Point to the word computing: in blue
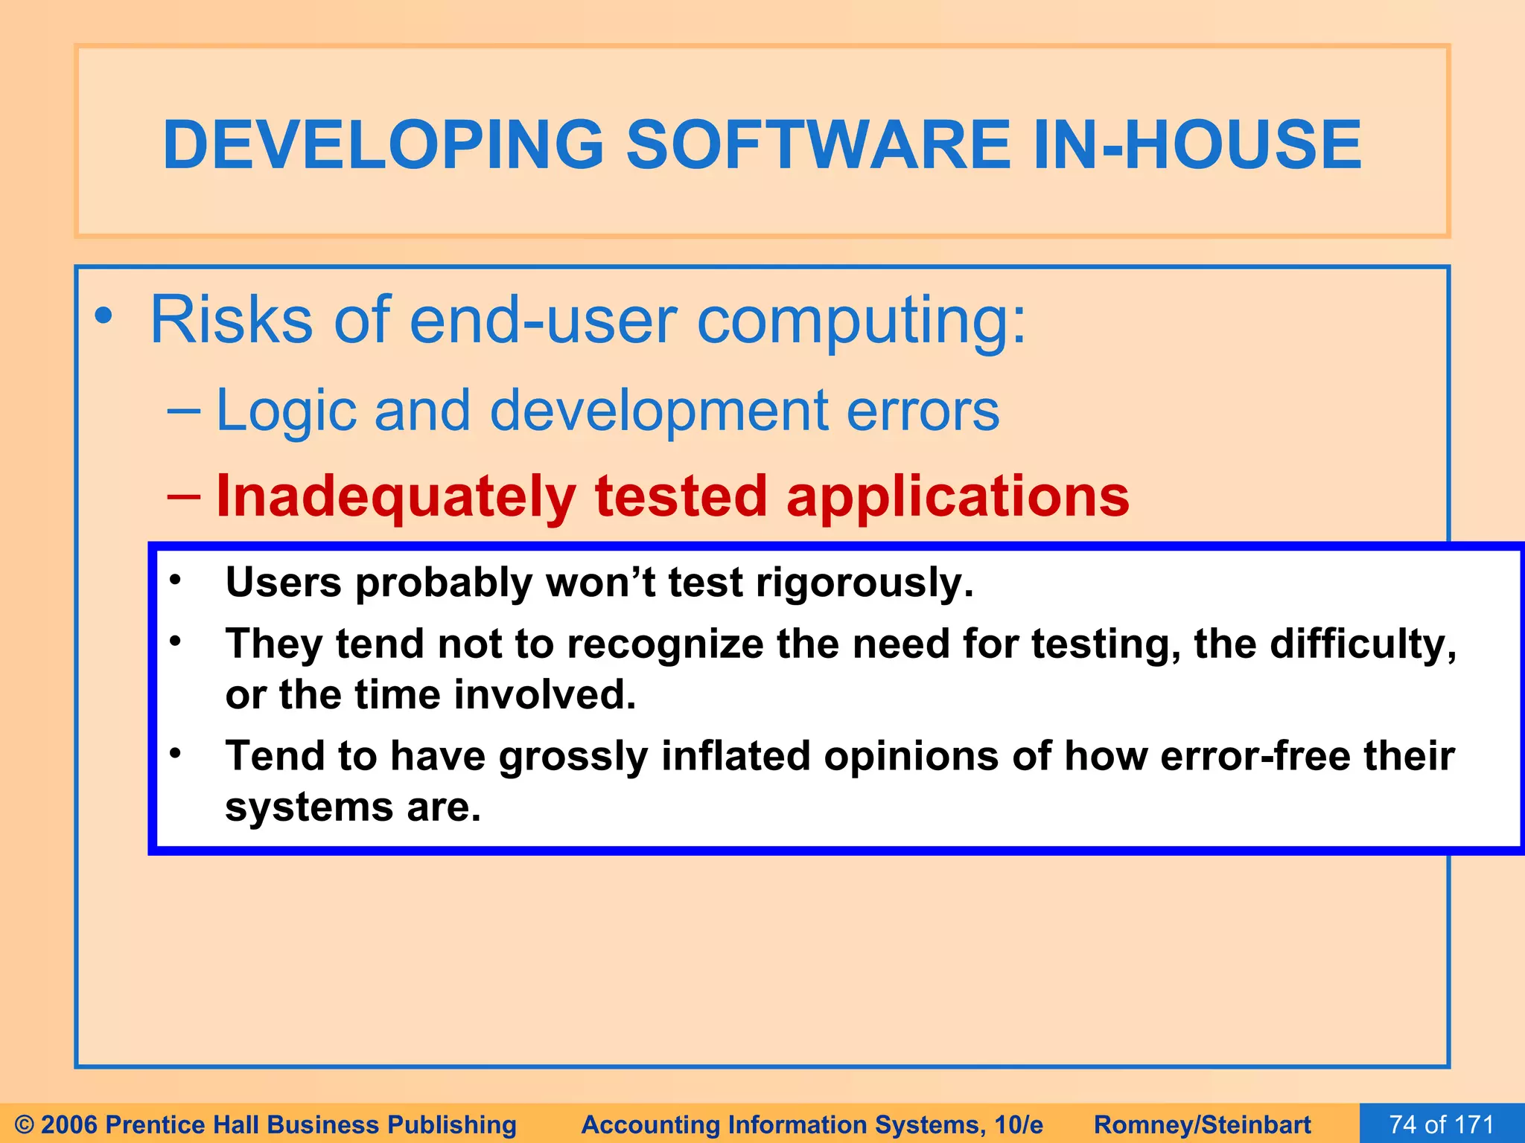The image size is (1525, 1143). (862, 321)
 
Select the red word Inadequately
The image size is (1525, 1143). (395, 496)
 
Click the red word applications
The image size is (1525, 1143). (958, 496)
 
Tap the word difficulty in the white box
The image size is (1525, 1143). (1362, 644)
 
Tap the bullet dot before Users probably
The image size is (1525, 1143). (175, 580)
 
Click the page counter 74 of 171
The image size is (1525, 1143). (1442, 1124)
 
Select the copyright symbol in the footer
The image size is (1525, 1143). (24, 1124)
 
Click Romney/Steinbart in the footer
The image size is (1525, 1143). (1202, 1124)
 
